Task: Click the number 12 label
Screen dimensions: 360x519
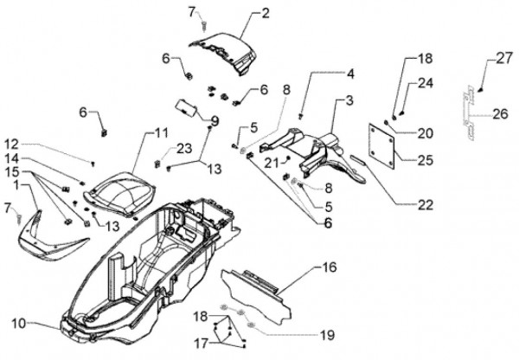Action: tap(10, 145)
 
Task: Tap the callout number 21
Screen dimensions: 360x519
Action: tap(271, 162)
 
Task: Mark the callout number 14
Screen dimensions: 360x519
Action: tap(10, 159)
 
